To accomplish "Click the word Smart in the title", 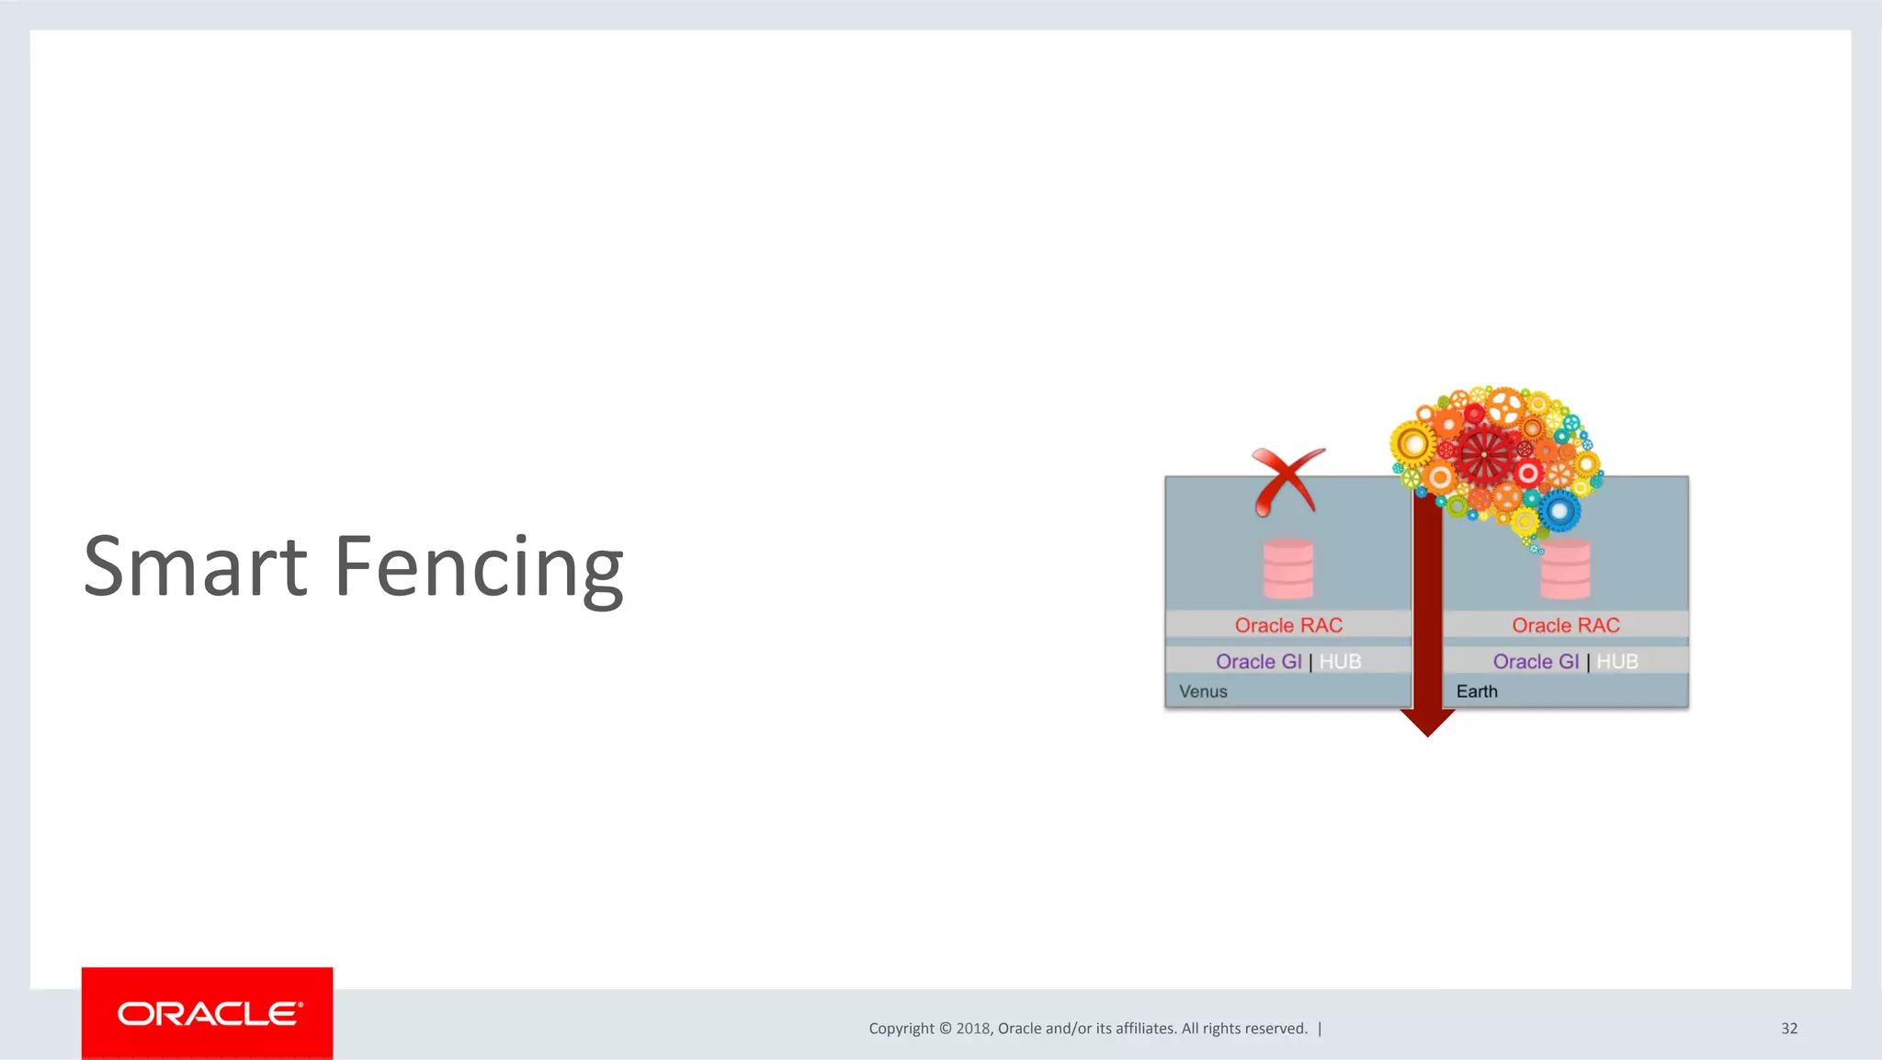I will (x=195, y=566).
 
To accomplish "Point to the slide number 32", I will (x=1788, y=1029).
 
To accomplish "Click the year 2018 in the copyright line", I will (x=972, y=1029).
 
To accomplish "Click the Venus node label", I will (x=1203, y=691).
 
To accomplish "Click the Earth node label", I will (x=1477, y=691).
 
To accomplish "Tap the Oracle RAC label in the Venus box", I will (x=1288, y=625).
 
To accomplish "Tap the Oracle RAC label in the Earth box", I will (x=1566, y=625).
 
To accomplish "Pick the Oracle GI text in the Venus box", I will (x=1258, y=662).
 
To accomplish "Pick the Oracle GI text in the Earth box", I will (x=1536, y=662).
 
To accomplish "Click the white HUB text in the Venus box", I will (x=1340, y=662).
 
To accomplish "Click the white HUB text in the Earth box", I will (x=1617, y=662).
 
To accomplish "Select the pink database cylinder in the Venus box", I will (x=1288, y=569).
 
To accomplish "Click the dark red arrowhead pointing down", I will (x=1427, y=722).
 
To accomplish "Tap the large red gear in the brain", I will (x=1483, y=454).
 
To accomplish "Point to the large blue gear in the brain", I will (x=1559, y=510).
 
